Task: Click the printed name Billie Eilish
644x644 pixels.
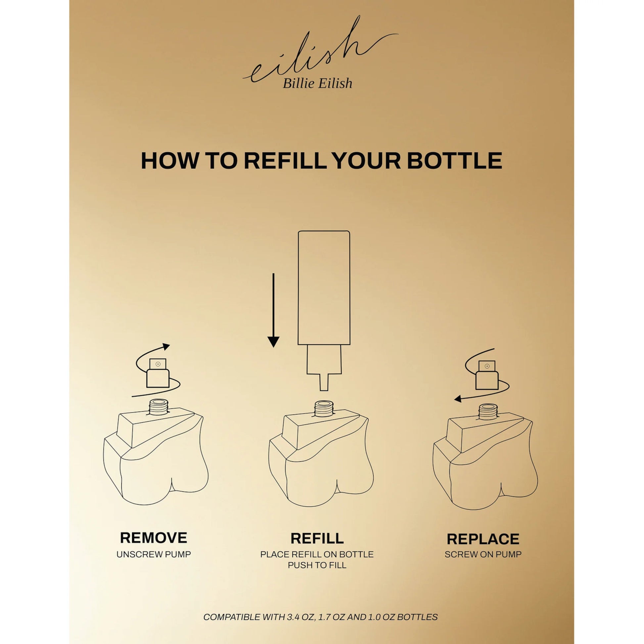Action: pos(317,83)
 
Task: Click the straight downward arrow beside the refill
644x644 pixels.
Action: pos(273,310)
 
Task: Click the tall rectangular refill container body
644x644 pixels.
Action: pos(324,287)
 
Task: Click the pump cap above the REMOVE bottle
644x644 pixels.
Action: pos(158,373)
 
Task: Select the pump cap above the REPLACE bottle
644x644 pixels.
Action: pos(487,375)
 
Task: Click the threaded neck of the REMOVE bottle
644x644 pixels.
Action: pos(158,407)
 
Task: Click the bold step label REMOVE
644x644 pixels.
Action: pos(154,538)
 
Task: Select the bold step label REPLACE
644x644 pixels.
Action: pos(483,539)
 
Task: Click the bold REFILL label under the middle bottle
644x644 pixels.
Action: pos(317,538)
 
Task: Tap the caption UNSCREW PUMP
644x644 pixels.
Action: pos(154,554)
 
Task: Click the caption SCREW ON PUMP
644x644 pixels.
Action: pos(483,554)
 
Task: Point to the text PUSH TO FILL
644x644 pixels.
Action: pos(317,565)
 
